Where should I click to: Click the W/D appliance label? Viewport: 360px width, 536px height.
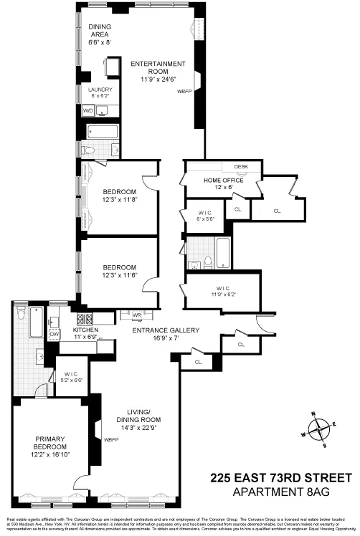point(88,111)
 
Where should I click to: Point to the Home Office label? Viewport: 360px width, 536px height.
point(223,180)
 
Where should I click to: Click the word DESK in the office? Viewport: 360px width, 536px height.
point(240,167)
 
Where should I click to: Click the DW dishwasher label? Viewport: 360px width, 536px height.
point(54,334)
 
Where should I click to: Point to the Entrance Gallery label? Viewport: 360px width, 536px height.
point(164,330)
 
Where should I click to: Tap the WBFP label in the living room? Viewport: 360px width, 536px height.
point(111,440)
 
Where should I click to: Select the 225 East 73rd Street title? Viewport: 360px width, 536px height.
point(281,477)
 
